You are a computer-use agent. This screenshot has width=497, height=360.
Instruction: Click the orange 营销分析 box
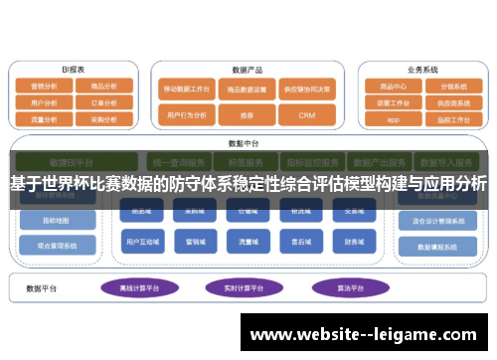click(44, 87)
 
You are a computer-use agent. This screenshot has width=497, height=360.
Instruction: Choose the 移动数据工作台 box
click(187, 88)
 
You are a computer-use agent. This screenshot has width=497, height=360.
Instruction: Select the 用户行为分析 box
click(187, 115)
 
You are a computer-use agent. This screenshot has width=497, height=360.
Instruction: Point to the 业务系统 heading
click(421, 71)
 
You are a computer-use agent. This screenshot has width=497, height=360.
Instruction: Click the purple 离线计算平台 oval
click(141, 287)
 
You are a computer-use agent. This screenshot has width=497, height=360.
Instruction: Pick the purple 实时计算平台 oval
click(243, 287)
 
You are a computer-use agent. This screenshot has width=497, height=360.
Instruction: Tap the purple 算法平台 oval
click(340, 287)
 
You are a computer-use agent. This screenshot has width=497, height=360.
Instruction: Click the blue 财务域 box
click(353, 241)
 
